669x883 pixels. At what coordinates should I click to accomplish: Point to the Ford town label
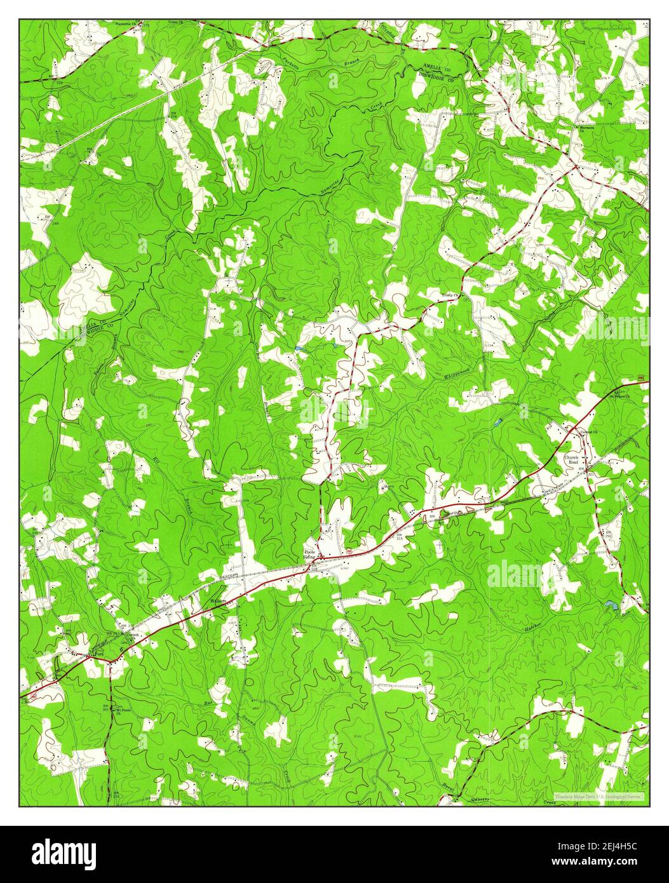point(98,653)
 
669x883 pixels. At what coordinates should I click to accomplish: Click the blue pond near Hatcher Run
point(611,605)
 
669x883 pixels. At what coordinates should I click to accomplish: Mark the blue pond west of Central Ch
point(496,422)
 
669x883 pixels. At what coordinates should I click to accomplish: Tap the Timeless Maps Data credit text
point(598,796)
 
